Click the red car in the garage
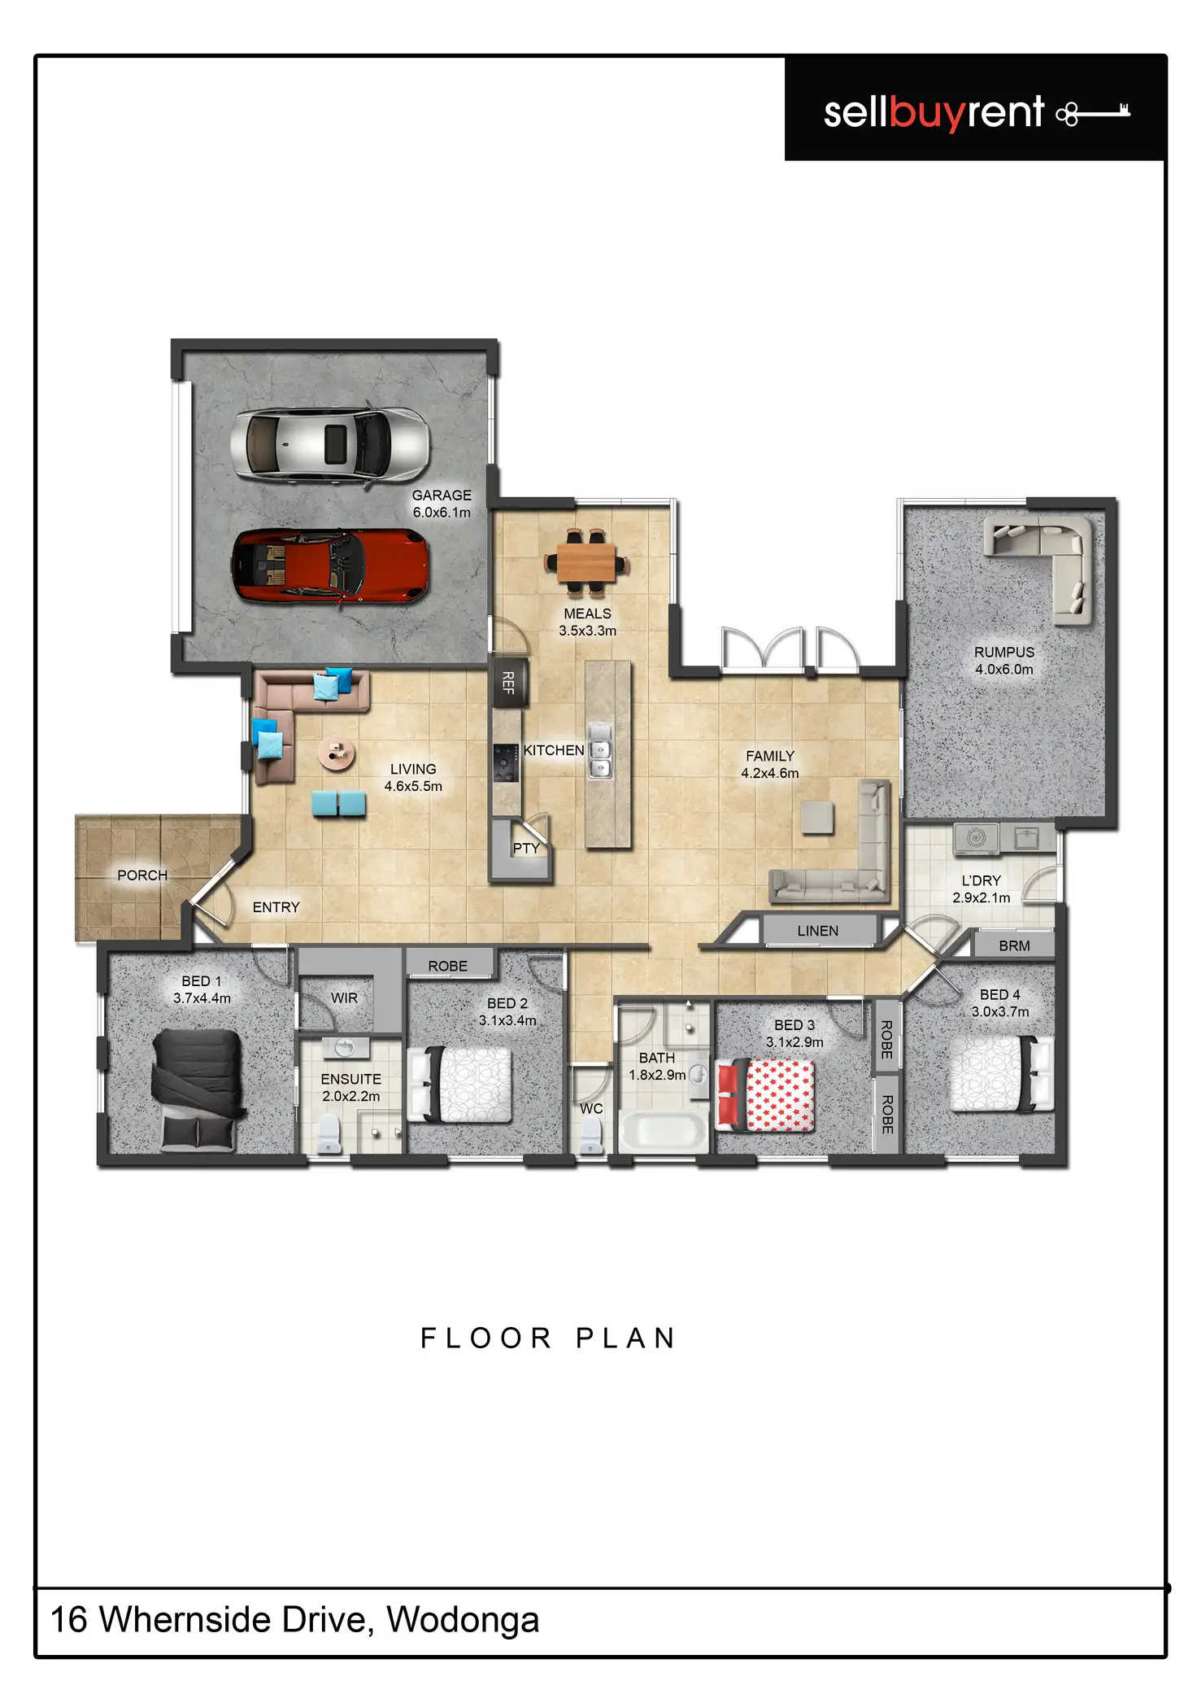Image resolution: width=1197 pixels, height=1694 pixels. click(x=330, y=565)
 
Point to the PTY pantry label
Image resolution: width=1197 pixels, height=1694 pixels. click(x=526, y=848)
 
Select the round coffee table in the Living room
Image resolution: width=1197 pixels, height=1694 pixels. click(x=336, y=753)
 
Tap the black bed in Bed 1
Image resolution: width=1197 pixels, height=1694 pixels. click(x=198, y=1089)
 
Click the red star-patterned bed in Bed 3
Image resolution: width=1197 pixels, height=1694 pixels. click(x=764, y=1095)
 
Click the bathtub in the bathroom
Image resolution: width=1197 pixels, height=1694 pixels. click(x=664, y=1132)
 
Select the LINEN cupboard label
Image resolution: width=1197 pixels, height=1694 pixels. click(x=817, y=931)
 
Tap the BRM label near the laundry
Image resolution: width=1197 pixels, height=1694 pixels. click(x=1014, y=946)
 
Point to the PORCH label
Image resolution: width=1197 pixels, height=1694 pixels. click(x=142, y=875)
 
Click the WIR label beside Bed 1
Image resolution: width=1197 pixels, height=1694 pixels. click(x=344, y=998)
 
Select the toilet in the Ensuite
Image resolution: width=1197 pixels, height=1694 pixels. click(x=329, y=1133)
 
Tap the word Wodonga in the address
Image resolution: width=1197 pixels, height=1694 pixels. click(x=463, y=1620)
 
